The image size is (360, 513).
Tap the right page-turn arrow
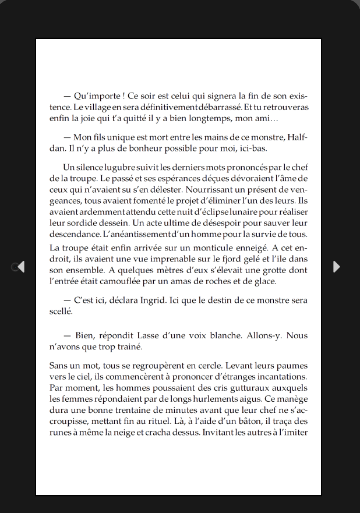(x=336, y=266)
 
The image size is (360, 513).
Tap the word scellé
(x=61, y=311)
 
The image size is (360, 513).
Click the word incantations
(x=280, y=376)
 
